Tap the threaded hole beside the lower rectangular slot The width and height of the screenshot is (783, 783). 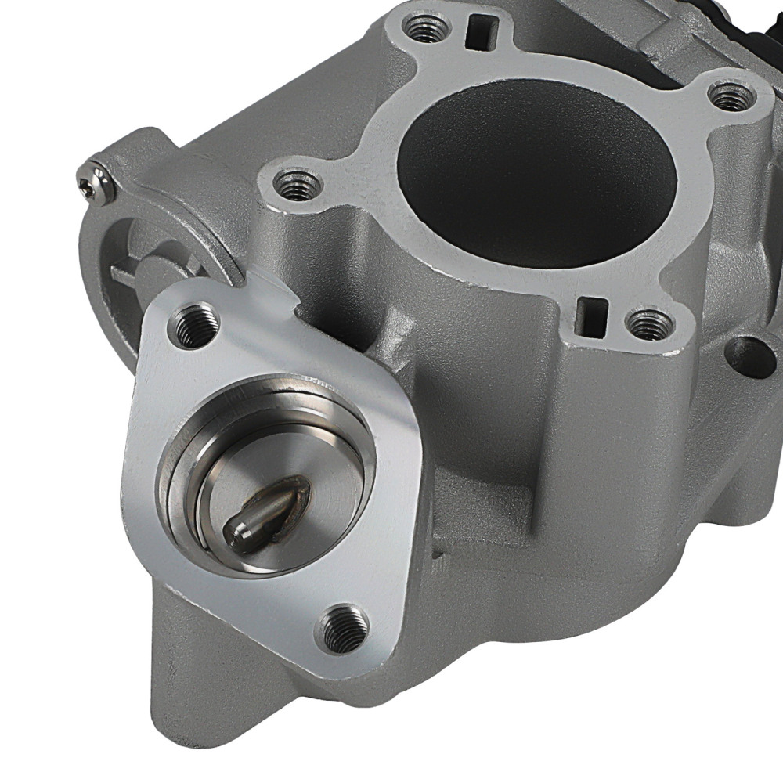pyautogui.click(x=651, y=323)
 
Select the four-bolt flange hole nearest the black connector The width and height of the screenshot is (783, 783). pyautogui.click(x=731, y=96)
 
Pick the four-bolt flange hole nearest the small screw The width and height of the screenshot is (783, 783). pyautogui.click(x=298, y=186)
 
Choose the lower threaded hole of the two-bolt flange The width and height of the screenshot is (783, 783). pyautogui.click(x=342, y=627)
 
